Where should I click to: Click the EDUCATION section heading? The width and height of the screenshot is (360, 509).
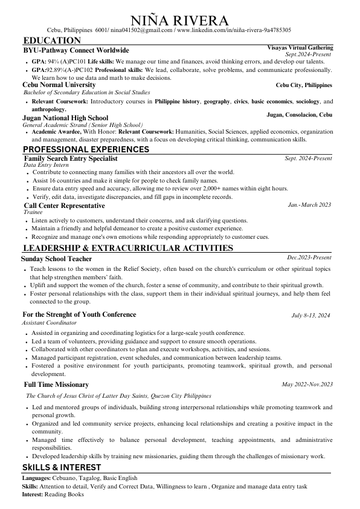(x=51, y=40)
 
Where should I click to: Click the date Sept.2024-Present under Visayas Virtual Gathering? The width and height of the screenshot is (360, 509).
(x=308, y=54)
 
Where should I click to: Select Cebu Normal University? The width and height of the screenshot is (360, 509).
(x=59, y=85)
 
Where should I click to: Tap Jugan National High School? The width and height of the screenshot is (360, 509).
(x=65, y=118)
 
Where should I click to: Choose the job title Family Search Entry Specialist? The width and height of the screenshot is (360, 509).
(x=70, y=158)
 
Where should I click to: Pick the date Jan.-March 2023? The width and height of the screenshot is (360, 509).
(x=309, y=205)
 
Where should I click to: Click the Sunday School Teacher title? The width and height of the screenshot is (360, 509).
(x=56, y=258)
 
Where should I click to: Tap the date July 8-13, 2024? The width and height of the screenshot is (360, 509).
(x=310, y=316)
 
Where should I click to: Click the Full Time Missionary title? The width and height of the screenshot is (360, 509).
(x=57, y=384)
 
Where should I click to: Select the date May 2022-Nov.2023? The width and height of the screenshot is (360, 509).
(x=307, y=384)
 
